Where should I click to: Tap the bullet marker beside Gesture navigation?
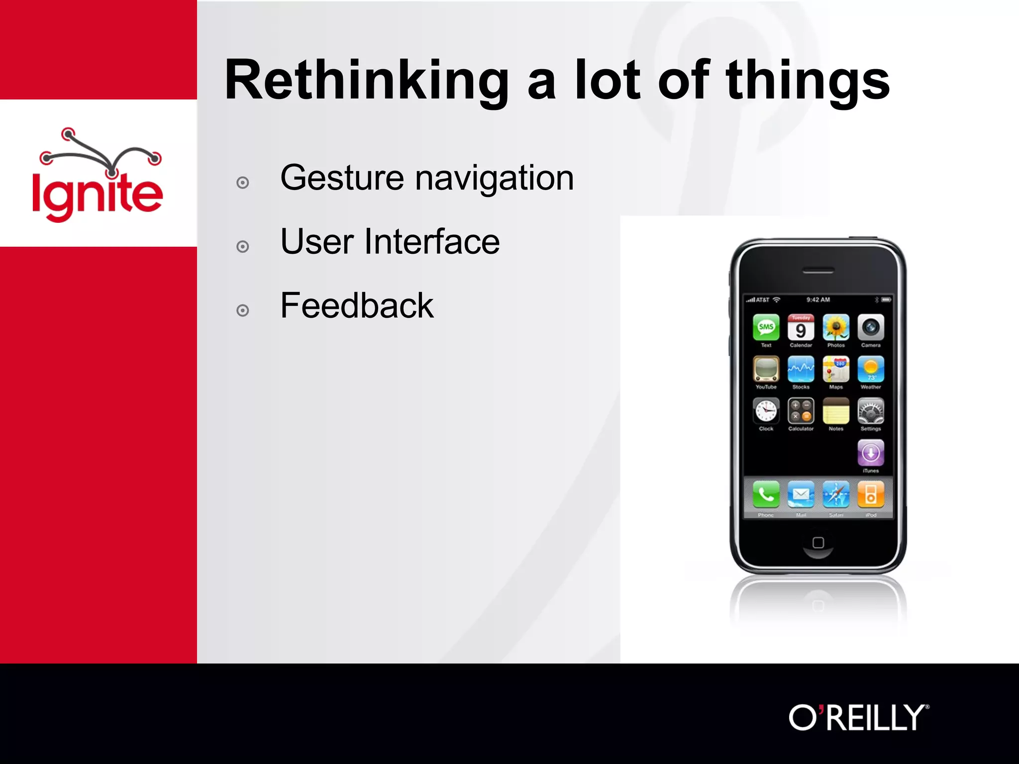(243, 183)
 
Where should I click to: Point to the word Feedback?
(357, 305)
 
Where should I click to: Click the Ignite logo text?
(98, 195)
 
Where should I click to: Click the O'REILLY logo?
(858, 718)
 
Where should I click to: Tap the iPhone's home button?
(818, 543)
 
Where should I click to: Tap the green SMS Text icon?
(766, 327)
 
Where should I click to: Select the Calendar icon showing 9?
(801, 327)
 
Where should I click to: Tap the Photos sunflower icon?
(836, 327)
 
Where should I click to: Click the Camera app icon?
(871, 327)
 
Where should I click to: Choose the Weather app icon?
(871, 369)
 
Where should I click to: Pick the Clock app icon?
(766, 411)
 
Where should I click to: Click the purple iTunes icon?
(871, 453)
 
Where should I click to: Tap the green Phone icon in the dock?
(766, 494)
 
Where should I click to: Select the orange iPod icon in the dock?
(871, 494)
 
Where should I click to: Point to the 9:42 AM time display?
(818, 300)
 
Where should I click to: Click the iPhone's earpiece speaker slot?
(818, 271)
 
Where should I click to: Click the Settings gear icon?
(871, 411)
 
